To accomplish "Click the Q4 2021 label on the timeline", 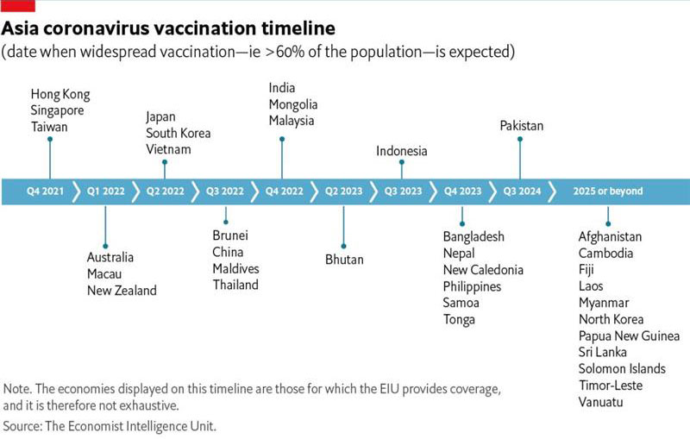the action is pyautogui.click(x=46, y=191).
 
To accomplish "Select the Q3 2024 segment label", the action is pyautogui.click(x=523, y=191).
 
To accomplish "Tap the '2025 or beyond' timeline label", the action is pyautogui.click(x=608, y=191).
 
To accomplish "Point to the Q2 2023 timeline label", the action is pyautogui.click(x=343, y=191).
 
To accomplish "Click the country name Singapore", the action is pyautogui.click(x=57, y=110).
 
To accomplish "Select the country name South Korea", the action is pyautogui.click(x=179, y=133).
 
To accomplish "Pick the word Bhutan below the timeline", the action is pyautogui.click(x=344, y=260).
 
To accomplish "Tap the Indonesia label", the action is pyautogui.click(x=401, y=151).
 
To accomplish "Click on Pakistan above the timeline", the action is pyautogui.click(x=522, y=126).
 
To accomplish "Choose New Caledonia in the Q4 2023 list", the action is pyautogui.click(x=483, y=270).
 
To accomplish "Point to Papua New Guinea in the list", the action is pyautogui.click(x=629, y=336).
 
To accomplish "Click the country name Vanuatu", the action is pyautogui.click(x=600, y=402).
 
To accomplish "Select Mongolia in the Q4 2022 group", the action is pyautogui.click(x=293, y=104).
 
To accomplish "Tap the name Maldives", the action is pyautogui.click(x=235, y=268).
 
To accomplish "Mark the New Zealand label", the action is pyautogui.click(x=122, y=291).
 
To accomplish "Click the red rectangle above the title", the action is pyautogui.click(x=17, y=6).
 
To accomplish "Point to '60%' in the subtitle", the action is pyautogui.click(x=290, y=52).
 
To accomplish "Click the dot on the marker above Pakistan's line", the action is pyautogui.click(x=520, y=139).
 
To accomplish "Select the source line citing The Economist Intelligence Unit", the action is pyautogui.click(x=110, y=426).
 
